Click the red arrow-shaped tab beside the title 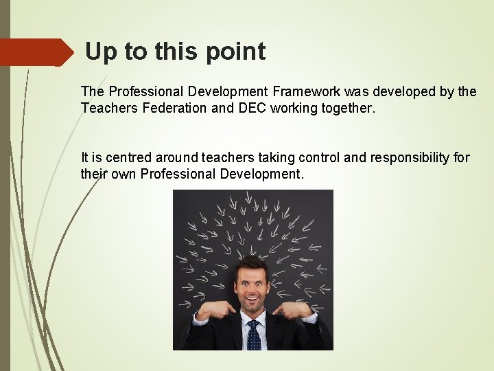tap(36, 52)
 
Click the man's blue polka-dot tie tap(253, 335)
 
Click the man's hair tap(251, 265)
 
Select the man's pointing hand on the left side tap(215, 310)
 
